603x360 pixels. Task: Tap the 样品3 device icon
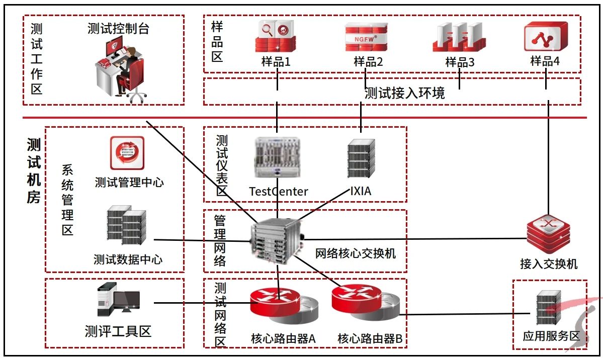(x=460, y=37)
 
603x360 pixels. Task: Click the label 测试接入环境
(x=404, y=93)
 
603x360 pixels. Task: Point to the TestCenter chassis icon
(x=277, y=157)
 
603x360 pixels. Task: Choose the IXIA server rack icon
(x=361, y=159)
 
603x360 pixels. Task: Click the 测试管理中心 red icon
(x=127, y=153)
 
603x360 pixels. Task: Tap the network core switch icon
(x=277, y=241)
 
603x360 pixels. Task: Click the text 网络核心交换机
(x=355, y=253)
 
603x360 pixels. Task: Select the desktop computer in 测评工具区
(x=118, y=300)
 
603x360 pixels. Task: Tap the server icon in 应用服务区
(x=547, y=308)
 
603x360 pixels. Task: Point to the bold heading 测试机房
(x=34, y=171)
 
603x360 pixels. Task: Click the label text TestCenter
(x=279, y=192)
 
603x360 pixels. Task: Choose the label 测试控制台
(x=118, y=29)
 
